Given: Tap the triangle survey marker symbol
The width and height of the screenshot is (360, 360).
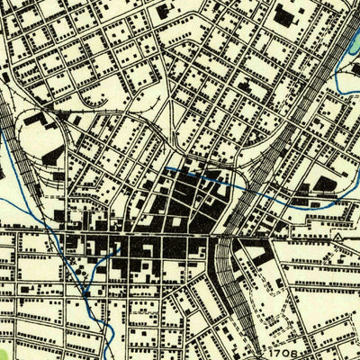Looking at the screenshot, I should click(x=337, y=236).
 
